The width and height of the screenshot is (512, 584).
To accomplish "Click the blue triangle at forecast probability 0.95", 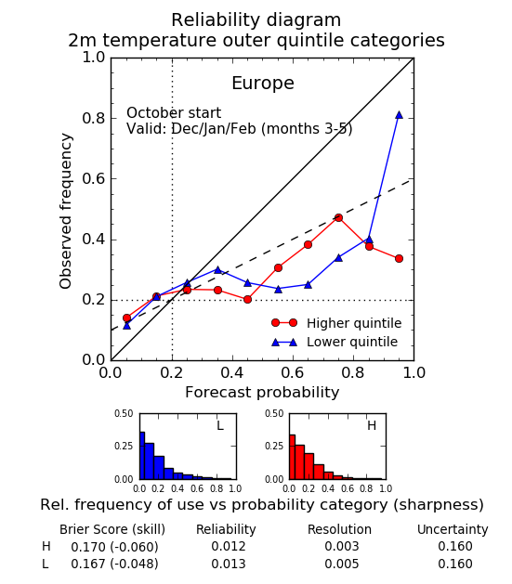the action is (399, 115).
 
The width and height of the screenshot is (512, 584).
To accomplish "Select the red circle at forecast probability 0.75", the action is (338, 218).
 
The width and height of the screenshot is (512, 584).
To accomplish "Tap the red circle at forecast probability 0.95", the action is (399, 258).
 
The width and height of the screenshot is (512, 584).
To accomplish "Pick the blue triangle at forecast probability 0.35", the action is (217, 270).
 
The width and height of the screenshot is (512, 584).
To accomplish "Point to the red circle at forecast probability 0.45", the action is (247, 299).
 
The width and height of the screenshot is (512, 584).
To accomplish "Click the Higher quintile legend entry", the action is (337, 323).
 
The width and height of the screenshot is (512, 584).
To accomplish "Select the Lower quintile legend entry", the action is (335, 342).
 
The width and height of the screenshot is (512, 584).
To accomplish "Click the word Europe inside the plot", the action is (263, 83).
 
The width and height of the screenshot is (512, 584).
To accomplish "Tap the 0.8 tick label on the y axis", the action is (94, 118).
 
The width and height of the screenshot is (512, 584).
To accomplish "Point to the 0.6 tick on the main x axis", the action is (293, 372).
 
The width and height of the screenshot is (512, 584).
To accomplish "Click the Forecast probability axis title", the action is (262, 393).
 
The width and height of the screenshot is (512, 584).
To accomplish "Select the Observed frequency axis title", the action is (66, 211).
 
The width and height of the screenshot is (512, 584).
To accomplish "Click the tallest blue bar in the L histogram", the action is (142, 456).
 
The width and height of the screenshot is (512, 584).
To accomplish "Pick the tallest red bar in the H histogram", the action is (292, 457).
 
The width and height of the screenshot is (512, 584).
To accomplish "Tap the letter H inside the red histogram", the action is (372, 425).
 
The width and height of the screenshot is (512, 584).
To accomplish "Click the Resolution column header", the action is (339, 529).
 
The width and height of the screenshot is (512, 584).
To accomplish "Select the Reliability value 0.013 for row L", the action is (229, 564).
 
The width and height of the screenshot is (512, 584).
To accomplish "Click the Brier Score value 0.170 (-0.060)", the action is (114, 547).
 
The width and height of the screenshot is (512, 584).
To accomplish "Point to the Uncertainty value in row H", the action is (455, 546).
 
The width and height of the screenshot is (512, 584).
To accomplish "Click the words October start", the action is (174, 113).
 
